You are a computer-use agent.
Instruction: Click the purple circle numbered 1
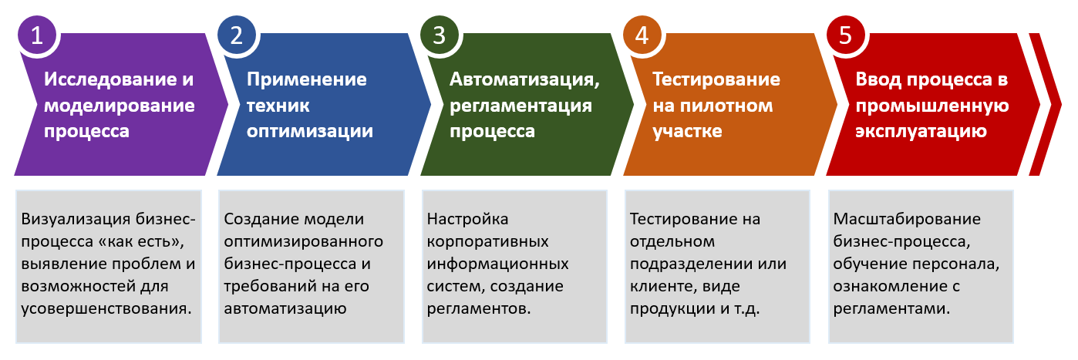point(36,35)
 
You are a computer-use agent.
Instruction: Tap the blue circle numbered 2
point(236,35)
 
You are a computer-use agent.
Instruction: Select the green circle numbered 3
point(440,35)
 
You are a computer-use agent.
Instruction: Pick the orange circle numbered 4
point(642,35)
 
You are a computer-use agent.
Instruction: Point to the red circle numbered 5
point(846,35)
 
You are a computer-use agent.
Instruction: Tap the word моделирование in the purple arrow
point(120,106)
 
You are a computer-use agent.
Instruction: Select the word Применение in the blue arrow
point(307,80)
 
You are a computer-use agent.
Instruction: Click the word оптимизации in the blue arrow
point(310,132)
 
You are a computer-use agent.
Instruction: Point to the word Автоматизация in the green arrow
point(523,80)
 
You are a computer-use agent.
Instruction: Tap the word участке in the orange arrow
point(687,132)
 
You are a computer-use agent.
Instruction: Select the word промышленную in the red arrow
point(932,106)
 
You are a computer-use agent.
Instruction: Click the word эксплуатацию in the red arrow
point(921,132)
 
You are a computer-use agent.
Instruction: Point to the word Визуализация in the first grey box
point(76,220)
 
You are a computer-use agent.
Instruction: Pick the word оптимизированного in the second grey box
point(303,242)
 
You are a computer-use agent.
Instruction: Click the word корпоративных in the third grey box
point(487,242)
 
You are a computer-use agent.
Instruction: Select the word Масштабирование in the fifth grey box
point(907,220)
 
